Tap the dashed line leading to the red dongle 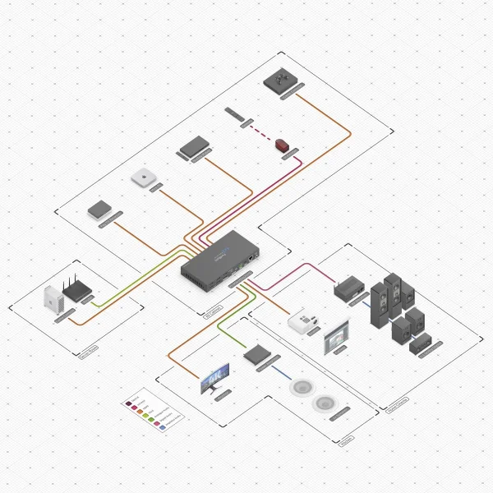point(261,131)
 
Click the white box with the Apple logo point(142,177)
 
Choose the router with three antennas point(76,290)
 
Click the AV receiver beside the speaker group point(348,288)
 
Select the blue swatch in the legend point(163,428)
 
